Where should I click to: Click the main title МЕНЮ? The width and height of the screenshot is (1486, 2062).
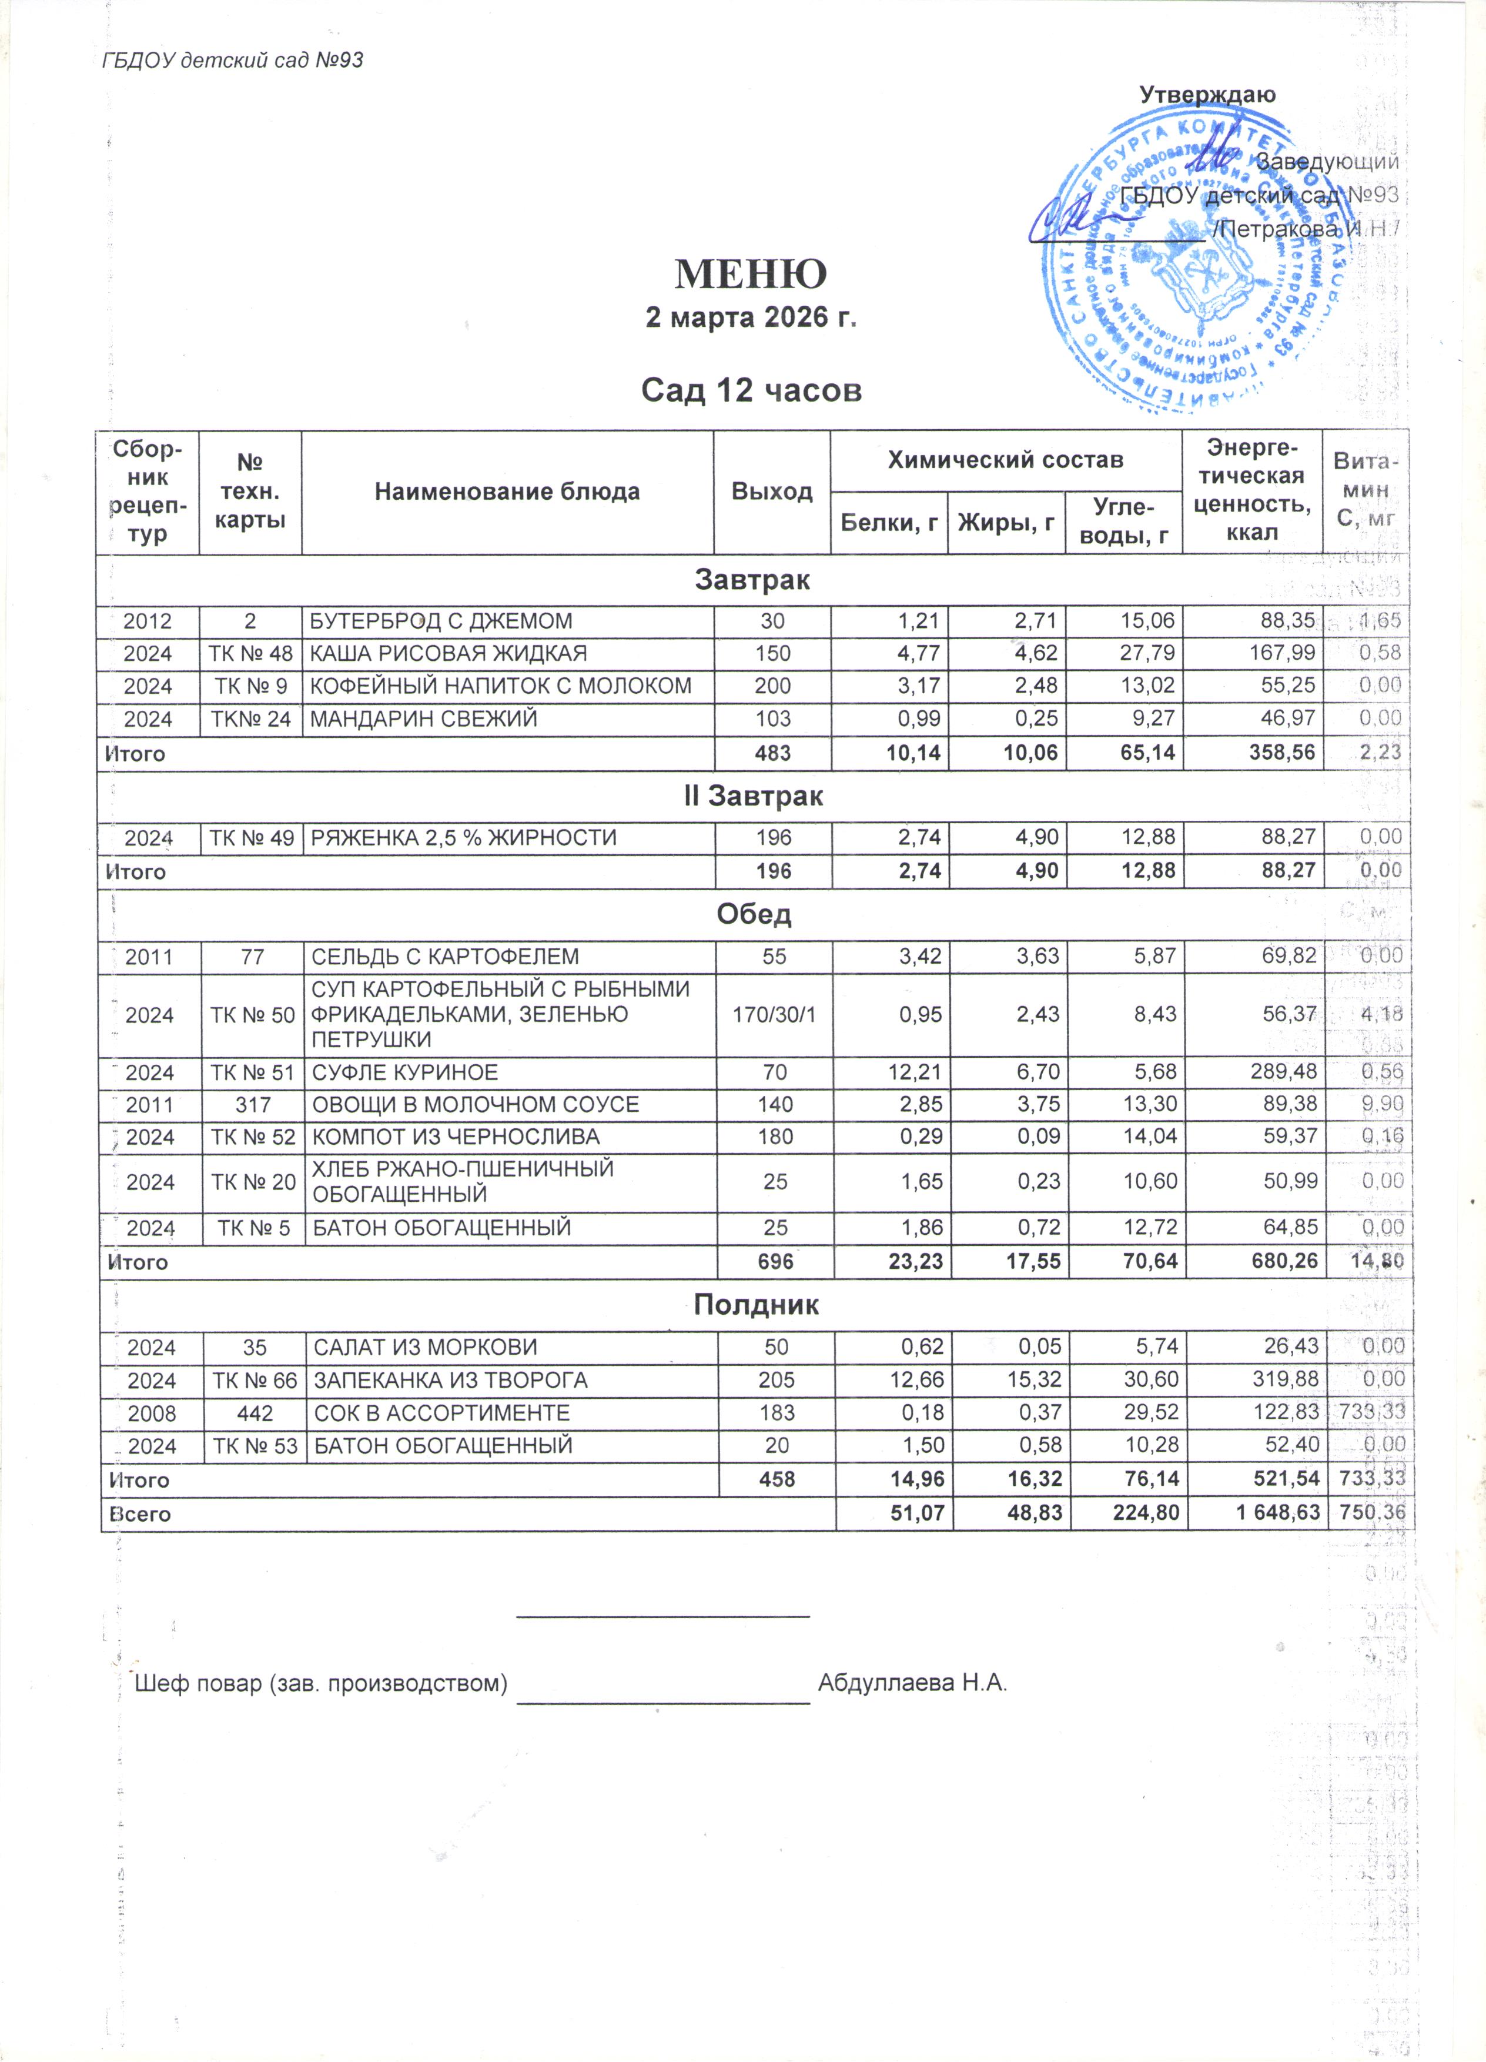tap(750, 273)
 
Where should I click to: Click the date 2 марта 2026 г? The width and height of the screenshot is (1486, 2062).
tap(751, 318)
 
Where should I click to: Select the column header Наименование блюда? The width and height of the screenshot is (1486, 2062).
tap(507, 492)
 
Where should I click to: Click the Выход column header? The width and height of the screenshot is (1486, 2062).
tap(772, 492)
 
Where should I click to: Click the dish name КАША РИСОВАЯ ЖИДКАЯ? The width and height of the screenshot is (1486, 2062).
tap(449, 654)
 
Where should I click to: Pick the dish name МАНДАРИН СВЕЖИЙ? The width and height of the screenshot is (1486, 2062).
tap(424, 718)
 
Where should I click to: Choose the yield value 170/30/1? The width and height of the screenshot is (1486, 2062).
tap(774, 1015)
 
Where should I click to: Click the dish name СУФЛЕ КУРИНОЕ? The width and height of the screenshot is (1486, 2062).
tap(406, 1073)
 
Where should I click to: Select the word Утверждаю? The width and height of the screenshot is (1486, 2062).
tap(1207, 95)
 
